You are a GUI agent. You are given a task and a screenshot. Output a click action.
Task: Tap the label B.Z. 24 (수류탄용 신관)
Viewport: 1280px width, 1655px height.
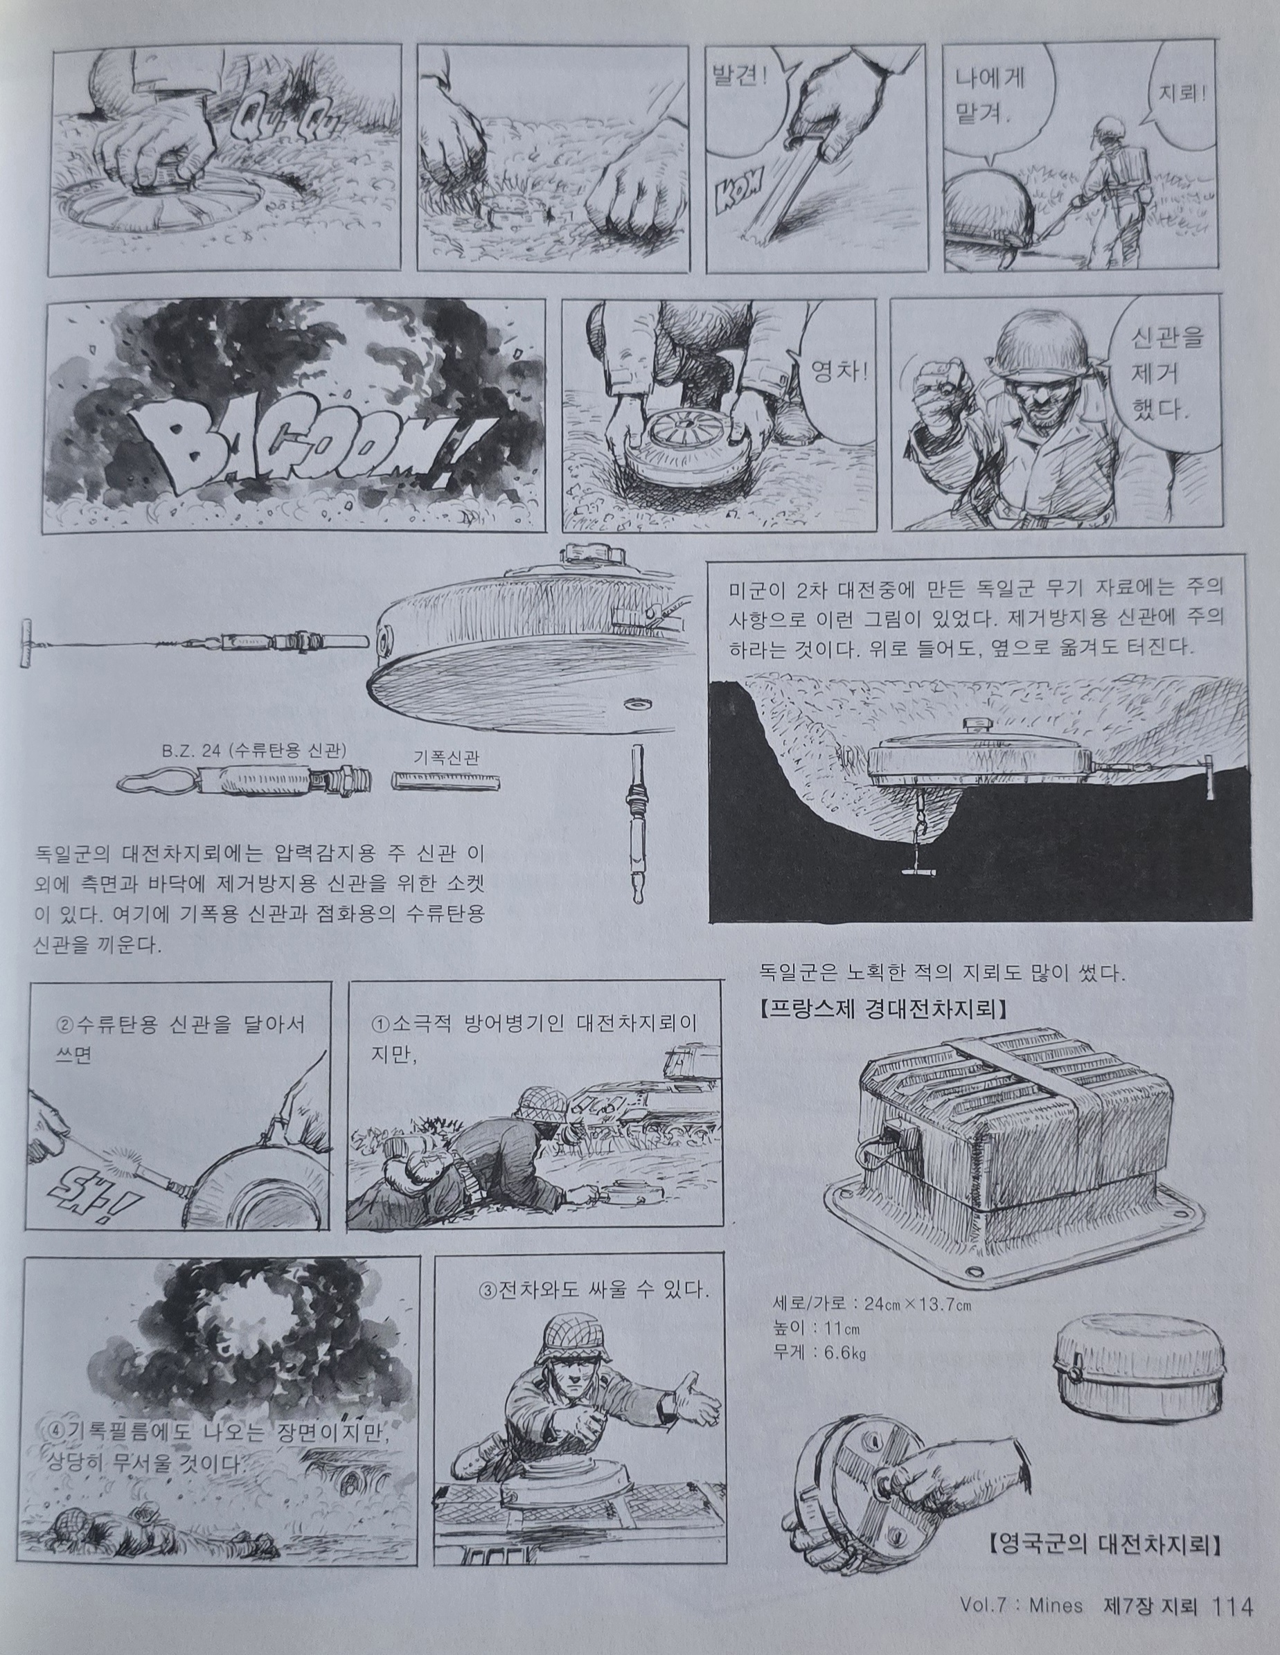[254, 751]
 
